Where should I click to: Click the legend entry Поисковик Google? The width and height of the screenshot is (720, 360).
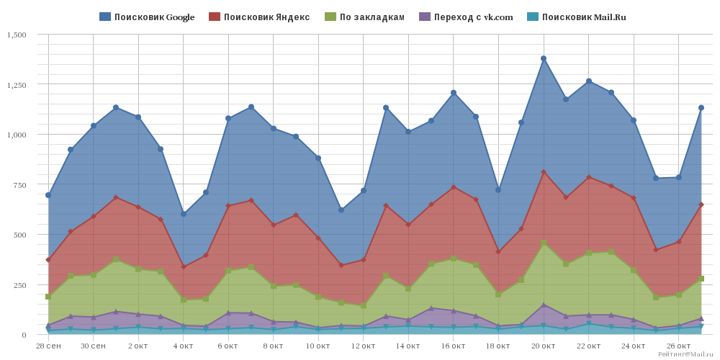coord(147,17)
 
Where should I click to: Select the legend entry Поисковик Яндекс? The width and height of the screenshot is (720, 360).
coord(259,17)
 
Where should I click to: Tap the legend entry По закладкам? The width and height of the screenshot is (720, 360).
coord(364,17)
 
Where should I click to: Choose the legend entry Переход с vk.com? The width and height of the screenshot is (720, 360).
coord(466,17)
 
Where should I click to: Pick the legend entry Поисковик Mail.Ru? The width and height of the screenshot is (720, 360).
coord(576,17)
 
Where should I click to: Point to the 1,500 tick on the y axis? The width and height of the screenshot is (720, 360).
coord(17,35)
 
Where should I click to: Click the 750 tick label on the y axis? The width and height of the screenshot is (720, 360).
coord(20,184)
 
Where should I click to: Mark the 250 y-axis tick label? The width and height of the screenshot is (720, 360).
coord(20,284)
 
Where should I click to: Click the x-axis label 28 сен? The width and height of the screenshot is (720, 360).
coord(48,345)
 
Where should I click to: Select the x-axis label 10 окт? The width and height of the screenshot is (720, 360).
coord(318,345)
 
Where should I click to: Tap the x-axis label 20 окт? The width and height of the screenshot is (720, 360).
coord(543,345)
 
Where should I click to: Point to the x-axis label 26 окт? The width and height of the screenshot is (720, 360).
coord(678,345)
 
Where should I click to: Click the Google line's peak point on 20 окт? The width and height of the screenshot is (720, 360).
coord(543,58)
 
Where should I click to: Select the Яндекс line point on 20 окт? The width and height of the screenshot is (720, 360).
coord(543,172)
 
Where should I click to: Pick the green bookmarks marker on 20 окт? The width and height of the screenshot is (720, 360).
coord(543,243)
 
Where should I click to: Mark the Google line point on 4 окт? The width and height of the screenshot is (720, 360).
coord(183,214)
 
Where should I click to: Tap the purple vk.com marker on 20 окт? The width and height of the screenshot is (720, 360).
coord(543,305)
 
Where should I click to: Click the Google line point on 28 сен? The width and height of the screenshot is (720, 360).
coord(48,195)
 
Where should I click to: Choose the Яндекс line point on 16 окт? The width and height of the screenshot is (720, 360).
coord(453,187)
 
